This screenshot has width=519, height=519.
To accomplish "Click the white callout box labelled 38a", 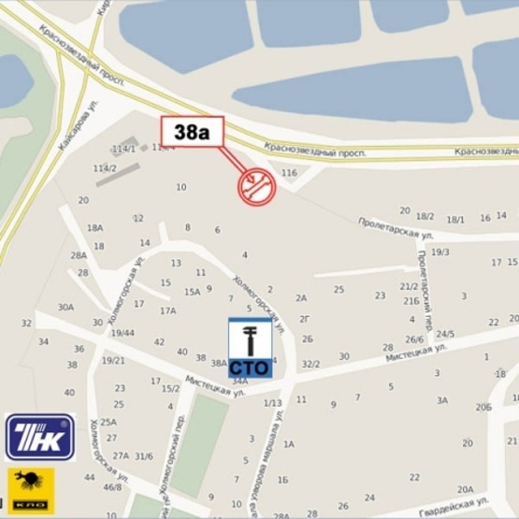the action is pyautogui.click(x=191, y=133).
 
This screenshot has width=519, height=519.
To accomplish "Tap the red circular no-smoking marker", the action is pyautogui.click(x=256, y=185).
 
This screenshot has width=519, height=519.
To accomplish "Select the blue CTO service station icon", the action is pyautogui.click(x=250, y=348).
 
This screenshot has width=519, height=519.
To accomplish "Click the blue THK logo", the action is pyautogui.click(x=39, y=437).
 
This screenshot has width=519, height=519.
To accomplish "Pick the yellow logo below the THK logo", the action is pyautogui.click(x=32, y=490).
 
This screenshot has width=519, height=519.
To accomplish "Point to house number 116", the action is pyautogui.click(x=289, y=173).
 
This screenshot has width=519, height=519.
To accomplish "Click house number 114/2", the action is pyautogui.click(x=105, y=168).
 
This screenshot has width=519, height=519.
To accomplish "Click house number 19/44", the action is pyautogui.click(x=123, y=333).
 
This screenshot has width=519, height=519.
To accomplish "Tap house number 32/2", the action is pyautogui.click(x=310, y=364).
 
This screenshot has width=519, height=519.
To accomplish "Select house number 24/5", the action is pyautogui.click(x=445, y=334).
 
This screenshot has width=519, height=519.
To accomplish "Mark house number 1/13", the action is pyautogui.click(x=272, y=403).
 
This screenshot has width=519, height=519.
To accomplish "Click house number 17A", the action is pyautogui.click(x=167, y=311).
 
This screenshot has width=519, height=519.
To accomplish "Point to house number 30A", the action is pyautogui.click(x=65, y=307).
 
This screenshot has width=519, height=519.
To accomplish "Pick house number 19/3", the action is pyautogui.click(x=440, y=252).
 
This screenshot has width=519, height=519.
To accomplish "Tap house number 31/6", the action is pyautogui.click(x=143, y=456).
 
